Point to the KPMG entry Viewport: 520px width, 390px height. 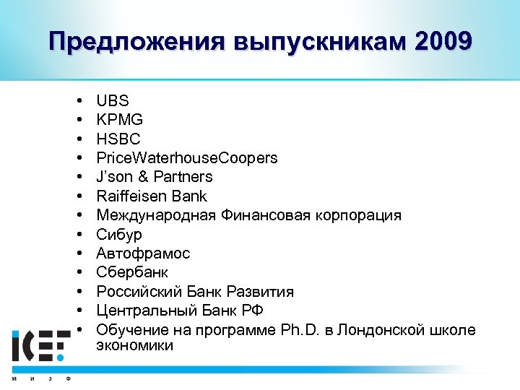(x=119, y=120)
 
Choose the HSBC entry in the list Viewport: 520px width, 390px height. (x=118, y=139)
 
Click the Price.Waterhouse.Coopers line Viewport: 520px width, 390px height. (x=186, y=158)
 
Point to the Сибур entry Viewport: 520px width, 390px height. (x=119, y=234)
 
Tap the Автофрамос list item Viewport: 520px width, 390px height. (x=143, y=253)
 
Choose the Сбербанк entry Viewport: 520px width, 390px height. (x=132, y=272)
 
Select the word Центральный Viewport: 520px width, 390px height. (x=139, y=311)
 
